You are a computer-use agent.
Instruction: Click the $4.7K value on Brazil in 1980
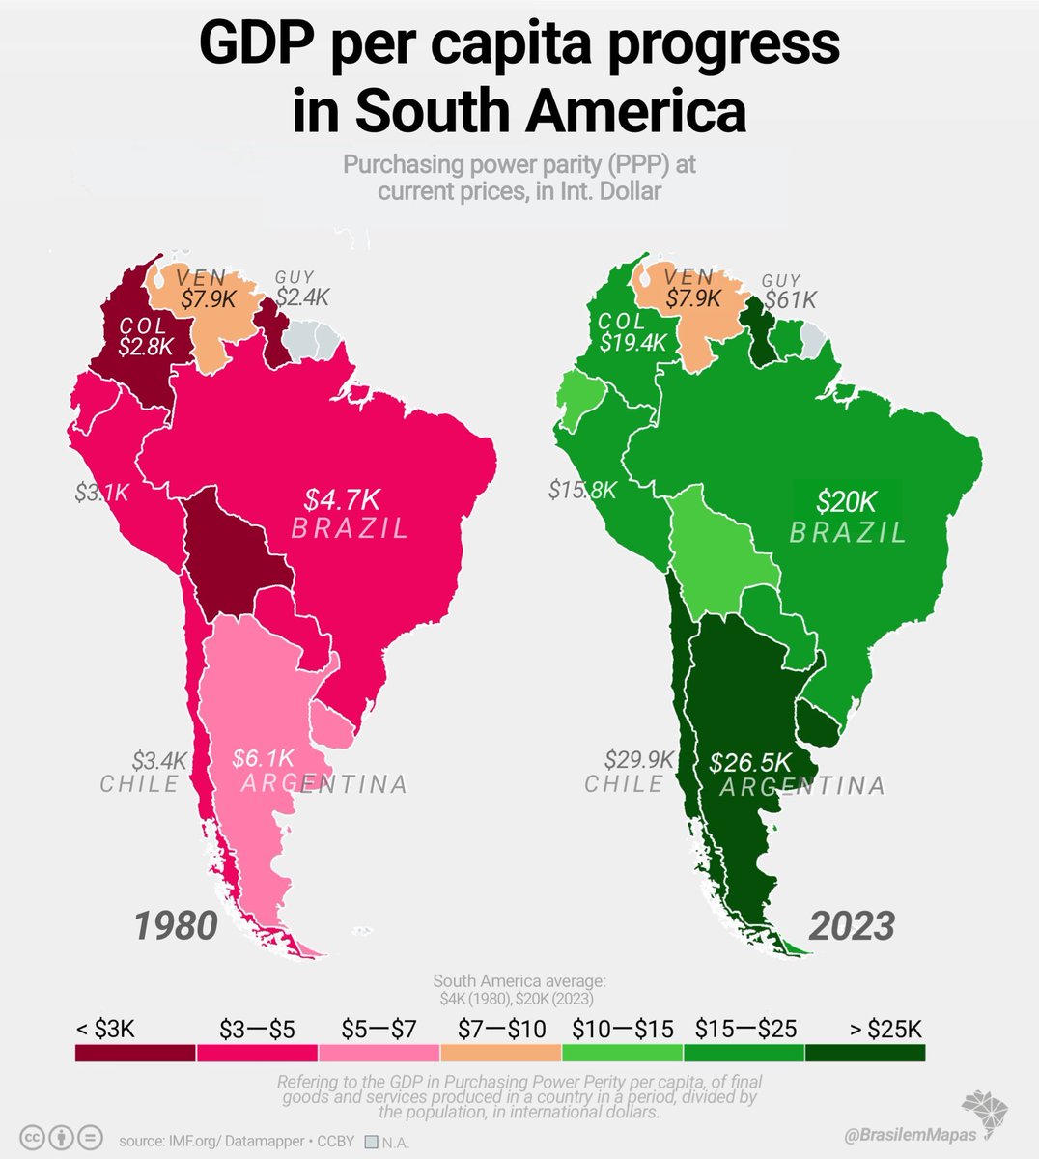pos(343,499)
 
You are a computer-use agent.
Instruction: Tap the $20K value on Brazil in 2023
pos(846,501)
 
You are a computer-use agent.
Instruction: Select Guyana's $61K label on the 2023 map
pos(789,299)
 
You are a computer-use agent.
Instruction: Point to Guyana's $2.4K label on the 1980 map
pos(302,297)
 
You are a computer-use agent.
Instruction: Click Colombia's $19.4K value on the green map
pos(632,342)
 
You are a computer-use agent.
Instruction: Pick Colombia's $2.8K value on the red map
pos(145,346)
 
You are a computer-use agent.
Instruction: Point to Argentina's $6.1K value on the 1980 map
pos(262,758)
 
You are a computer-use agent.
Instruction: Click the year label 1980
pos(175,926)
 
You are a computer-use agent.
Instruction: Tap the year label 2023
pos(851,926)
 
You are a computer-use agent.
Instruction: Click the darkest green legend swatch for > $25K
pos(865,1053)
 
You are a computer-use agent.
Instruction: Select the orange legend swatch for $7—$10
pos(500,1053)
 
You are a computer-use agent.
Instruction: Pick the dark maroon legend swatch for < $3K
pos(135,1053)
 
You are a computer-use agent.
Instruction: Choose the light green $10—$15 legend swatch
pos(622,1053)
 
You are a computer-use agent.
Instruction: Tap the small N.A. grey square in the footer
pos(371,1142)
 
